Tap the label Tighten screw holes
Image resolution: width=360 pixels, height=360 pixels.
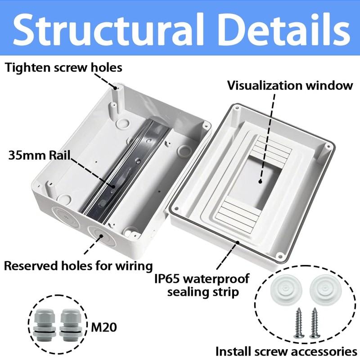[63, 68]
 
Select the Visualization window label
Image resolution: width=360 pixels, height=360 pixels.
[290, 85]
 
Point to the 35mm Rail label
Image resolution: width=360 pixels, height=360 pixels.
[40, 156]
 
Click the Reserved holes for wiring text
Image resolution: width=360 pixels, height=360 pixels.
[78, 265]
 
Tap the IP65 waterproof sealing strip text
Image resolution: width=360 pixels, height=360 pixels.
[202, 285]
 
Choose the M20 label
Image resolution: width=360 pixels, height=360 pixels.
[104, 327]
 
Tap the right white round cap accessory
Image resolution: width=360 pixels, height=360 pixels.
[323, 288]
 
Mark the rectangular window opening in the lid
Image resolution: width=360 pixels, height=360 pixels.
[259, 180]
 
